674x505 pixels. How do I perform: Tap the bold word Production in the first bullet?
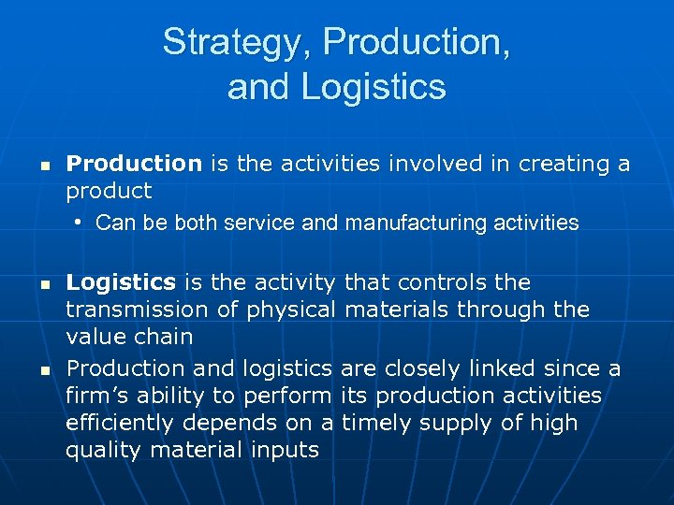pos(134,164)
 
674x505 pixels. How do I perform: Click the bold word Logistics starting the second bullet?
pos(121,282)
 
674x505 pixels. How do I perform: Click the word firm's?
pos(97,396)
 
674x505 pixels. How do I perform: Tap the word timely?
pos(377,423)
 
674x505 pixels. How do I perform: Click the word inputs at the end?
pos(286,450)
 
